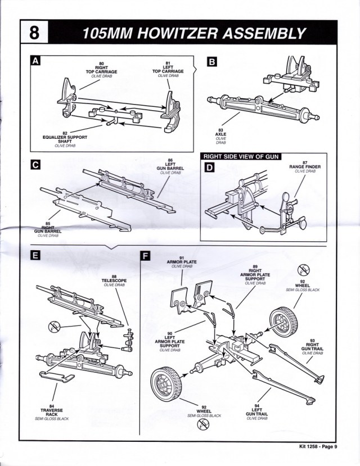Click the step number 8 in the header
[x=34, y=33]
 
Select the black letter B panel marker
[x=212, y=62]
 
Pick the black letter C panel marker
[x=35, y=165]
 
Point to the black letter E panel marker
[x=35, y=256]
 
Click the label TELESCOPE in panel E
[x=114, y=280]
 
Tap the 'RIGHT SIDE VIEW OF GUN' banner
[x=241, y=157]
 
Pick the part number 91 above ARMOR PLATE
[x=182, y=258]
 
